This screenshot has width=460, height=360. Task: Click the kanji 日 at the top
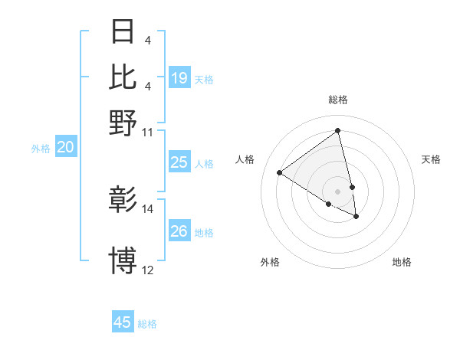[x=123, y=31]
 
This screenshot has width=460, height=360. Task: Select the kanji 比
[x=123, y=77]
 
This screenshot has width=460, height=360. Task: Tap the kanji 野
[x=123, y=122]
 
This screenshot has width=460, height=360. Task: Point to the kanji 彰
[x=123, y=201]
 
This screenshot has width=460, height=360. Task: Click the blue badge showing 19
[x=179, y=78]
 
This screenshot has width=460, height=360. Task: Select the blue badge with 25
[x=179, y=162]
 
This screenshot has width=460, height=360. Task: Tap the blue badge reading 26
[x=179, y=231]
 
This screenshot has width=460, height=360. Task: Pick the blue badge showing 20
[x=64, y=148]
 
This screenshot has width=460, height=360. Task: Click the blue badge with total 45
[x=123, y=322]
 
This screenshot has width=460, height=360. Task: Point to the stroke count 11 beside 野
[x=148, y=132]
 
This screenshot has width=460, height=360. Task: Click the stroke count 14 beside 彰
[x=148, y=209]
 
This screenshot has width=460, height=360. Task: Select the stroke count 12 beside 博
[x=148, y=270]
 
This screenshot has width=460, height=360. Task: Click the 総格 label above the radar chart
[x=338, y=100]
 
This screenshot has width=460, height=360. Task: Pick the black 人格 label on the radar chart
[x=245, y=159]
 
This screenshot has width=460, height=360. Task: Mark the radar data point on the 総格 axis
[x=338, y=131]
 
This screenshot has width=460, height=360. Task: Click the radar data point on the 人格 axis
[x=280, y=172]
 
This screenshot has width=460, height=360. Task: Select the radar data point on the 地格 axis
[x=356, y=217]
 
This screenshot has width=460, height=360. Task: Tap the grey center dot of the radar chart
[x=338, y=191]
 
